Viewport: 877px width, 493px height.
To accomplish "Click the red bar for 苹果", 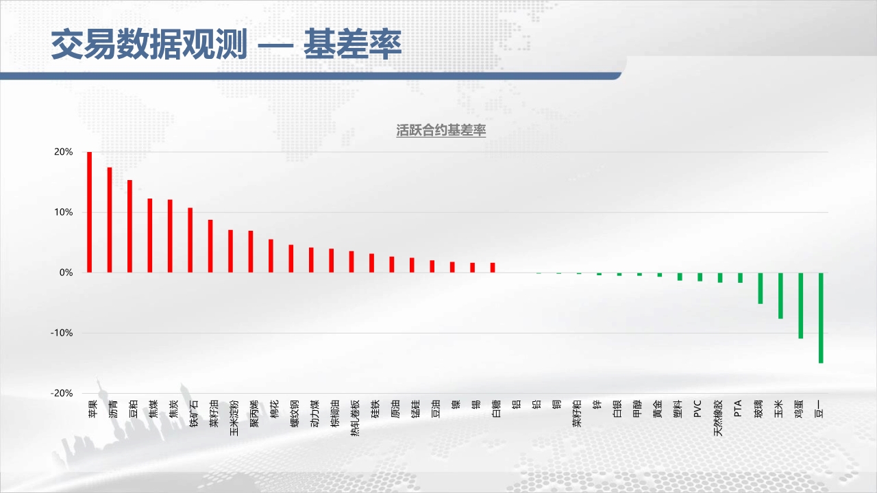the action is (x=89, y=212).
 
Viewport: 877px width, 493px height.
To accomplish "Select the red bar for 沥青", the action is (x=110, y=220).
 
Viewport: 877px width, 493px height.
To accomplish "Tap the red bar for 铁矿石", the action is (x=190, y=240).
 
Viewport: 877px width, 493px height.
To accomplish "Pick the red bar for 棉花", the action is (x=271, y=256).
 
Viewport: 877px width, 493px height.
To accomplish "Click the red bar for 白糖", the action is (x=493, y=268).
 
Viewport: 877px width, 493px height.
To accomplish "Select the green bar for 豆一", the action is (x=821, y=318).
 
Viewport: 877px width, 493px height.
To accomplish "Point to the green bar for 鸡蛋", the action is (x=801, y=305).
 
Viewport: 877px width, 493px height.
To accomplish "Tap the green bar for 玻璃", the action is (x=761, y=288).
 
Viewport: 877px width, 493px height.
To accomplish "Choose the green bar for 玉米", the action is (x=780, y=296).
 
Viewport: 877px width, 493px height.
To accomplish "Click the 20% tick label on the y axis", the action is (x=64, y=152).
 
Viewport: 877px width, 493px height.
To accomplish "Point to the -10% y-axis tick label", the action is (x=62, y=333).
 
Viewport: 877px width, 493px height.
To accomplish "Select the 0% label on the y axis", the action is (x=66, y=273).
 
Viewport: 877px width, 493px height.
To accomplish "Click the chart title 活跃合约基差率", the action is (x=441, y=130).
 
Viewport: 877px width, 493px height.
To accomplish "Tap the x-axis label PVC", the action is (x=697, y=409).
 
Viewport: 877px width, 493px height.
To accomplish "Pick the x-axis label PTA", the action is (x=738, y=408).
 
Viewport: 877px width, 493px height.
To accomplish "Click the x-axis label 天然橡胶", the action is (x=718, y=418).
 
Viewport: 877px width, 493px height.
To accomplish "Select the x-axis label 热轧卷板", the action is (x=355, y=418).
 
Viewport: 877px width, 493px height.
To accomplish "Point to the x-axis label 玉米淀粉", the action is (x=234, y=418).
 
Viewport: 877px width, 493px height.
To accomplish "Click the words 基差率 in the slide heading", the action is (x=353, y=44).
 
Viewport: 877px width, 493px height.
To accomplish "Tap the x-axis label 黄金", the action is (x=657, y=409).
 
